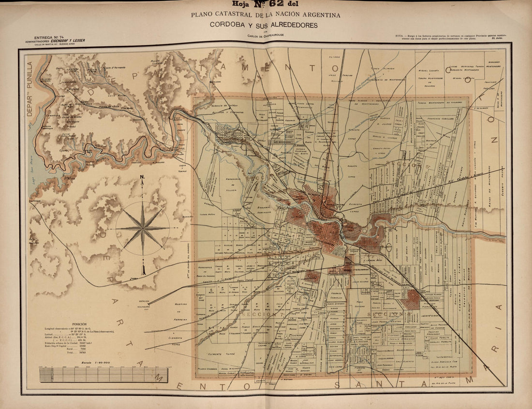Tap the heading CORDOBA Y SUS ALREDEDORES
(x=264, y=25)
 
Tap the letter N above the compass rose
(x=142, y=177)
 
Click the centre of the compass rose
(x=143, y=227)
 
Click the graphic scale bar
(x=103, y=375)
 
